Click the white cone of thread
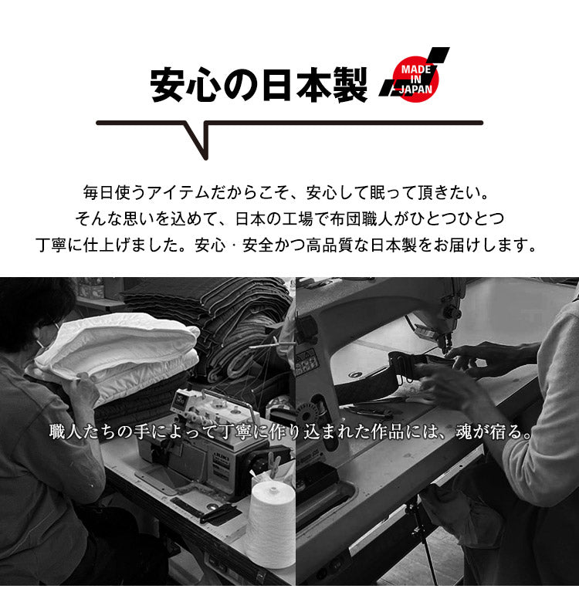point(270,525)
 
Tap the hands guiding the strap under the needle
point(463,370)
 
